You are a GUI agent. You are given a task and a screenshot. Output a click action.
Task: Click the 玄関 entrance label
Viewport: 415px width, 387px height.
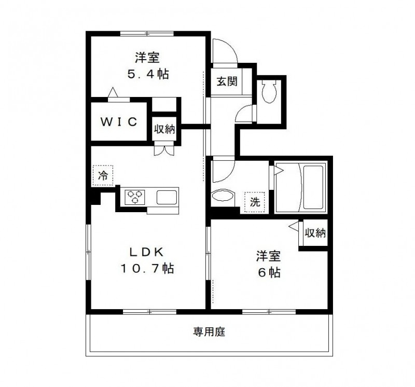(227, 81)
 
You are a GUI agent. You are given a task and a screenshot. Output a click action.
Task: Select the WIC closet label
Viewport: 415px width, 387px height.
(118, 122)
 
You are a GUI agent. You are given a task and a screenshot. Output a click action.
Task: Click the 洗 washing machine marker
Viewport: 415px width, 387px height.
(255, 202)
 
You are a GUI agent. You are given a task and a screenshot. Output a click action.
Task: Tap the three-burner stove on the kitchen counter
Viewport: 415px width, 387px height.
(136, 197)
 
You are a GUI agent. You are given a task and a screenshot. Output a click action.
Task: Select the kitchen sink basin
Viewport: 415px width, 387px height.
(167, 197)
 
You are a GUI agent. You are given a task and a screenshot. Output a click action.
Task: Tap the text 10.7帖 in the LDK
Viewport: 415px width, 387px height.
(147, 269)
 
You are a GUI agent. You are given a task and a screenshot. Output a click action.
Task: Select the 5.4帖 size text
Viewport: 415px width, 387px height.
(148, 74)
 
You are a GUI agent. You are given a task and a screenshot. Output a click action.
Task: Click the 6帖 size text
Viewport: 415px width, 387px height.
(269, 272)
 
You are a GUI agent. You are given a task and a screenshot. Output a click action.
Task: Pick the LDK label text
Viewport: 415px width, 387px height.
(147, 253)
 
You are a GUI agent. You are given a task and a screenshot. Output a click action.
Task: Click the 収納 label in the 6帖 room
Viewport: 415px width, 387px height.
(314, 233)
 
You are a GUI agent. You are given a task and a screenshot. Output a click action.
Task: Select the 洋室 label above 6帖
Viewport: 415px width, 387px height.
(268, 256)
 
